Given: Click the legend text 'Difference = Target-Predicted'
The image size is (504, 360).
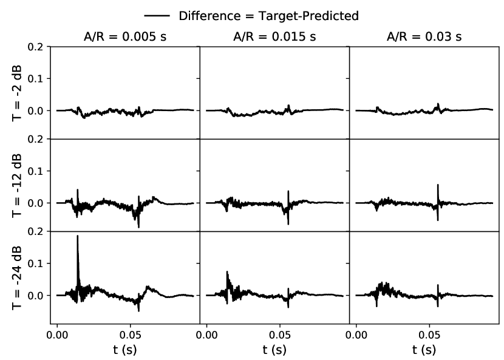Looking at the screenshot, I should click(268, 16).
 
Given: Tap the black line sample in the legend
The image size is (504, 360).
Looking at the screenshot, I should click(157, 16).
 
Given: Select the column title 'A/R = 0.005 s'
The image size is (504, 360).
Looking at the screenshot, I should click(125, 36).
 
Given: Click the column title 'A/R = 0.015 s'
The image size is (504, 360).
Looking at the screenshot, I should click(275, 36).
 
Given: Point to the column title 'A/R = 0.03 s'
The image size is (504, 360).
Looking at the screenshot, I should click(424, 36).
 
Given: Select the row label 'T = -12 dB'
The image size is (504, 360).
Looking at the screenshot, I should click(18, 186).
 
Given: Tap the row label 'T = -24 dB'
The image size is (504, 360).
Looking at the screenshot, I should click(18, 277).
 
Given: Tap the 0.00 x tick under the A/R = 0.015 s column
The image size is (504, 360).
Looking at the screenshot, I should click(206, 334).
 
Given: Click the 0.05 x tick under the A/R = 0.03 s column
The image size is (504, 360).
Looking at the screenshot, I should click(429, 334).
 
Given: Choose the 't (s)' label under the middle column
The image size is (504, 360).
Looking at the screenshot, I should click(275, 349).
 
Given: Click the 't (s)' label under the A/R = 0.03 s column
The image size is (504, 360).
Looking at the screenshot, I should click(424, 349).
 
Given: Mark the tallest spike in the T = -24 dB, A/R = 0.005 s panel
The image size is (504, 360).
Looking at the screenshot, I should click(78, 236).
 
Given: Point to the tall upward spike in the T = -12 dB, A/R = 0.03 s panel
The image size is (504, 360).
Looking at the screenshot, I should click(438, 185).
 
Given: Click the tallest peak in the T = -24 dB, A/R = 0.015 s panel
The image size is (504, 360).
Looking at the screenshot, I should click(227, 272).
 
